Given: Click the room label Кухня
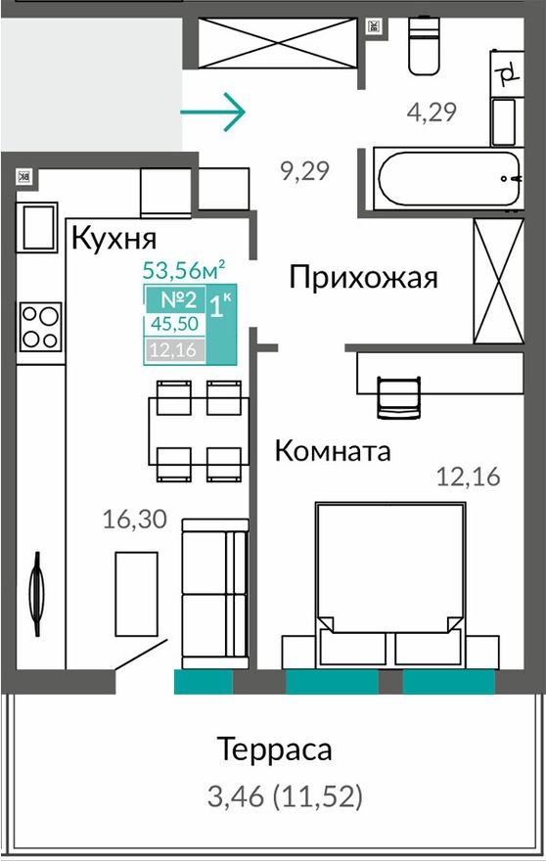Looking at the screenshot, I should (114, 237).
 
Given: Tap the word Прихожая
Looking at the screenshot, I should (362, 278).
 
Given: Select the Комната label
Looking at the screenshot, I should (332, 451).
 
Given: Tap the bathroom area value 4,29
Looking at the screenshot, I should (432, 112).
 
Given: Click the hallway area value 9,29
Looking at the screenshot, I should (304, 172).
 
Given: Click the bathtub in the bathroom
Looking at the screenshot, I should (444, 179).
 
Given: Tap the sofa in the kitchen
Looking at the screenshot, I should (214, 592).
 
